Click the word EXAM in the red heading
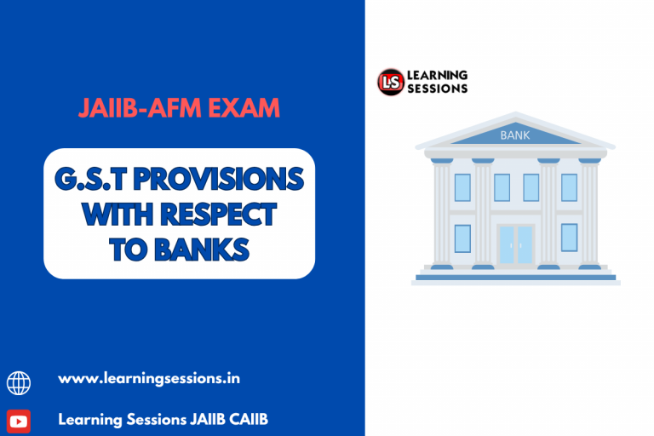[x=242, y=109]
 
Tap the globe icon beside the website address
[x=19, y=382]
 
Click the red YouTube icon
[x=19, y=421]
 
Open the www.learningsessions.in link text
[x=149, y=378]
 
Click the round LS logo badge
[x=391, y=82]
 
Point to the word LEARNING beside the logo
[x=438, y=75]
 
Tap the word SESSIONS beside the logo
[x=438, y=89]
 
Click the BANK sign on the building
[x=514, y=135]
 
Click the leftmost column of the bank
[x=442, y=213]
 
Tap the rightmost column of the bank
[x=589, y=213]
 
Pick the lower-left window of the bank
[x=462, y=238]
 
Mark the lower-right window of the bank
[x=569, y=238]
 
